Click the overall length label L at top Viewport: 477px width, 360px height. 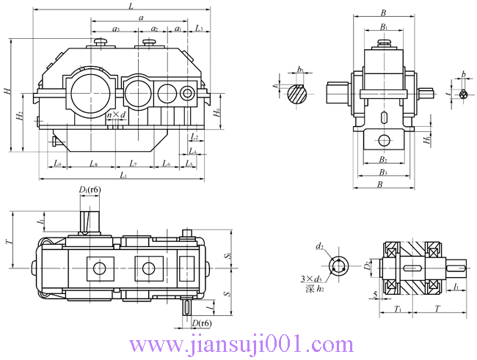[131, 6]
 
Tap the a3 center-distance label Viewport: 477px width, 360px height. [116, 29]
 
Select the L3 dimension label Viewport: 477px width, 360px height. [200, 29]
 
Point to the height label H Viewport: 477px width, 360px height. [7, 92]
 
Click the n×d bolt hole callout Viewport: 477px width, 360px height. [116, 115]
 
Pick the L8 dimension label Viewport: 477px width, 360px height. [94, 164]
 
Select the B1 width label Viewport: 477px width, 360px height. [383, 27]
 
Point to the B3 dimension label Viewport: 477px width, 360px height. [383, 172]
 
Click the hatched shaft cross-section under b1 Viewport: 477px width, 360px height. [297, 92]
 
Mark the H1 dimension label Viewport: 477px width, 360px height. [426, 138]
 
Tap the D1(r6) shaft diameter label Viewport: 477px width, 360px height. [90, 191]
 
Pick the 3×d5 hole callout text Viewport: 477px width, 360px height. [312, 279]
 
